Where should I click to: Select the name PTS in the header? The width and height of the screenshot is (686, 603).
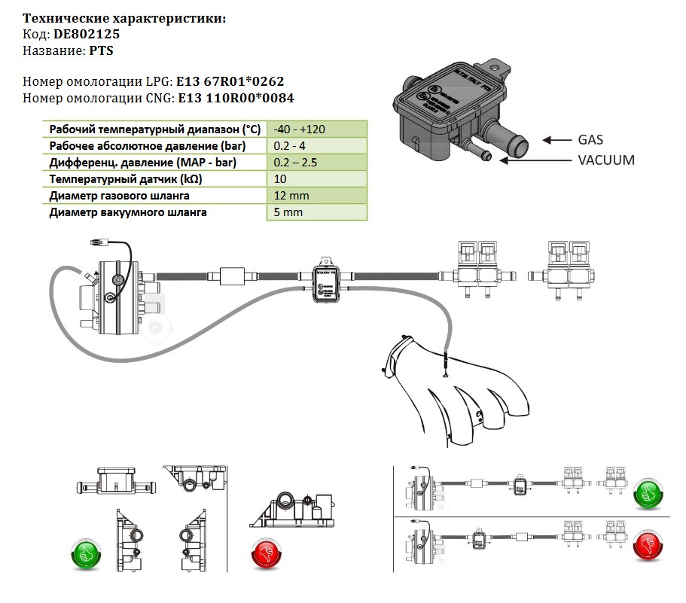[101, 50]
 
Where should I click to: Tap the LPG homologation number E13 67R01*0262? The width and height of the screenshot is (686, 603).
[229, 81]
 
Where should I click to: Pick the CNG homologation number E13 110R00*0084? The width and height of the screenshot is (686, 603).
[235, 98]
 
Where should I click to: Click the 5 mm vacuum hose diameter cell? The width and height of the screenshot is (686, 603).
[287, 212]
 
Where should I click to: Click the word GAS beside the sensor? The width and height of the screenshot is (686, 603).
[590, 140]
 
